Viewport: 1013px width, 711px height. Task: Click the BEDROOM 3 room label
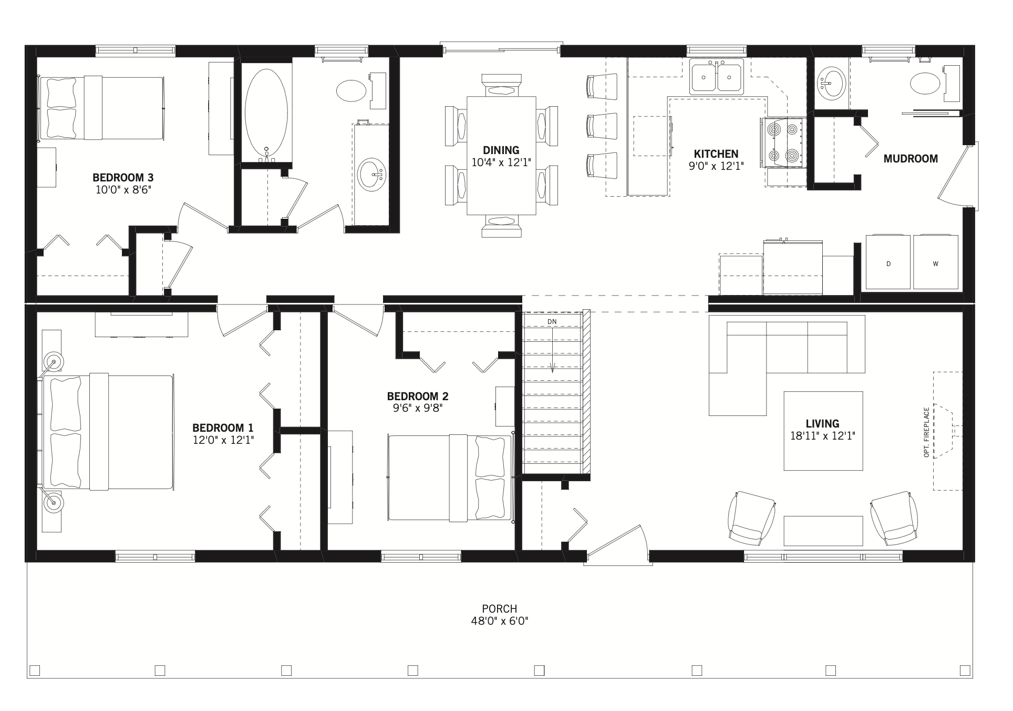point(123,177)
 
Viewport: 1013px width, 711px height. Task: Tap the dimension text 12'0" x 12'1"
point(223,440)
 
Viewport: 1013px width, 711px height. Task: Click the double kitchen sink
point(717,77)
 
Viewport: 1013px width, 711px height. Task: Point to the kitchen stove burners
point(782,141)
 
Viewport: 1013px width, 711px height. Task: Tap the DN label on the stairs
point(552,321)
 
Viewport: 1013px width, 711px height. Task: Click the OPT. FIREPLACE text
point(926,432)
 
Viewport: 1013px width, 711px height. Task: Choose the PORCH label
point(499,608)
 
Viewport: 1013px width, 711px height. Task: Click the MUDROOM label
point(910,158)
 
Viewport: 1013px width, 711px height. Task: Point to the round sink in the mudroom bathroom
point(831,83)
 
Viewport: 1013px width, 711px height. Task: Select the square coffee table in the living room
point(823,431)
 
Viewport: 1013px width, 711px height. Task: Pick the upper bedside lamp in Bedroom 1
point(53,361)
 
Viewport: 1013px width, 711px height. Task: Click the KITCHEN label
point(716,154)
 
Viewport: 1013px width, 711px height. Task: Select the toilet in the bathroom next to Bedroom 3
point(351,90)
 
